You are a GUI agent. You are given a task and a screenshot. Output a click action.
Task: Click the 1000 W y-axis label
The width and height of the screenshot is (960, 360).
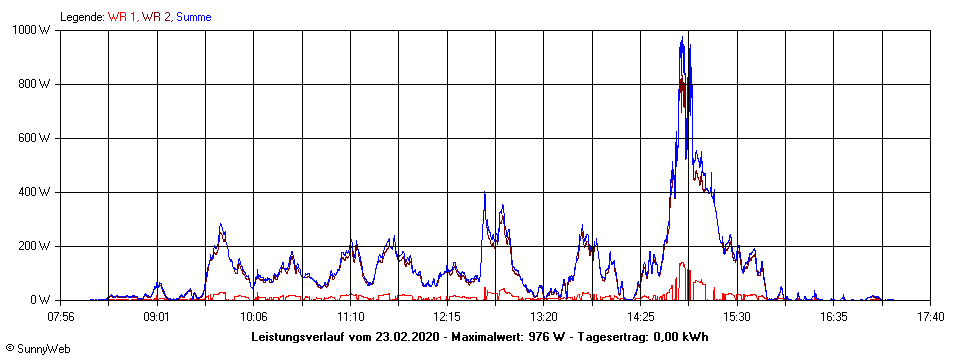tap(34, 30)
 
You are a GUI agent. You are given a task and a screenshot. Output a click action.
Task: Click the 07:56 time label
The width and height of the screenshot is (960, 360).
tap(60, 317)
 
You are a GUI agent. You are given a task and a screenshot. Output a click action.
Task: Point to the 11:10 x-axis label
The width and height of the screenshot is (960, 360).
tap(350, 317)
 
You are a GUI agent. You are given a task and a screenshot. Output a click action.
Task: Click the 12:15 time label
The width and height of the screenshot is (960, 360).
tap(447, 317)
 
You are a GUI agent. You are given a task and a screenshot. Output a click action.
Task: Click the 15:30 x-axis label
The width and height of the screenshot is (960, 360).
tap(737, 317)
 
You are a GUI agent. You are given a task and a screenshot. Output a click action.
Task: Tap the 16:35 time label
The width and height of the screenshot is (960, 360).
tap(834, 317)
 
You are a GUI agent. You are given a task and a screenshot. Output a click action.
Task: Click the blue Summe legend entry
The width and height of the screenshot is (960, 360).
tap(193, 16)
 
